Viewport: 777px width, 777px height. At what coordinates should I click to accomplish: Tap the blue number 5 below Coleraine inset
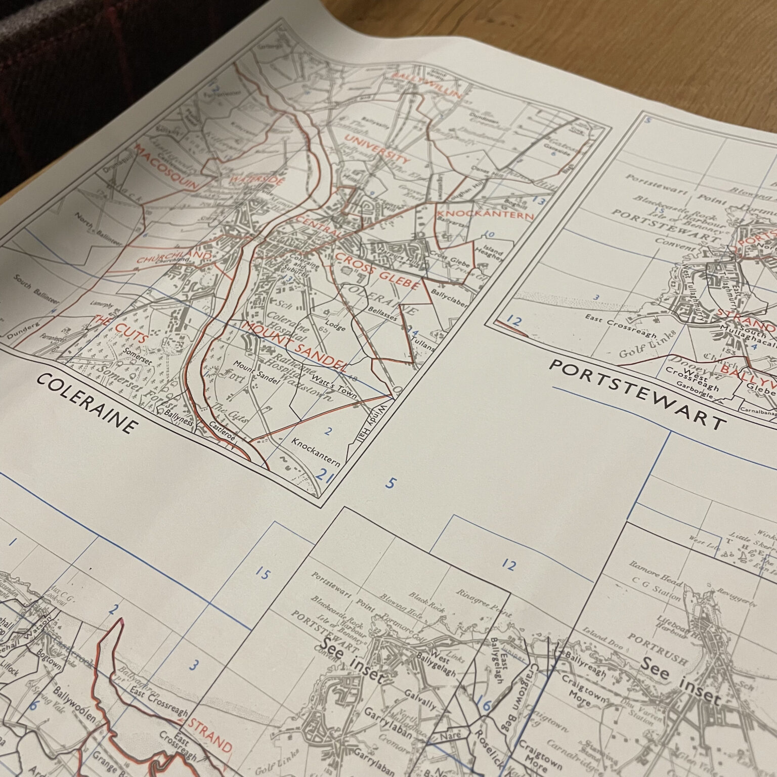coord(390,483)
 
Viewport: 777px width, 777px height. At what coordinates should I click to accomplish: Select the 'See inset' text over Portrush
coord(680,681)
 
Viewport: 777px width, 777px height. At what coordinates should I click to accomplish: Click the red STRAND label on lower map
coord(210,736)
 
